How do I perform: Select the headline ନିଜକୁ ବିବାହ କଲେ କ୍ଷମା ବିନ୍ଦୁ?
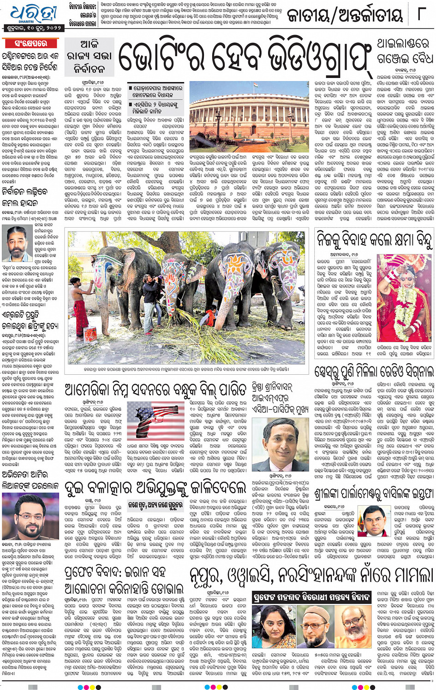(x=374, y=240)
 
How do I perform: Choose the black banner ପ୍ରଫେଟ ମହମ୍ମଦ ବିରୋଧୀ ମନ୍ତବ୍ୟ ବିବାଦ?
(x=312, y=597)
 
